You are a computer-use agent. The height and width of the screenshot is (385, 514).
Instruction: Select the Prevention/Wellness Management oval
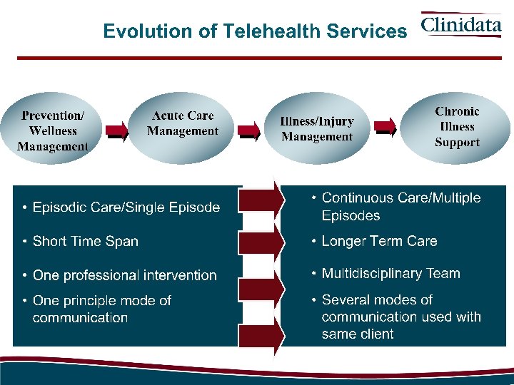coord(54,130)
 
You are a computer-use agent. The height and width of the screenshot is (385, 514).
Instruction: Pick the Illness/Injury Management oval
coord(316,129)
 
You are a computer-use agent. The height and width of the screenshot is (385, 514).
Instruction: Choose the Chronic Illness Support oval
coord(457,127)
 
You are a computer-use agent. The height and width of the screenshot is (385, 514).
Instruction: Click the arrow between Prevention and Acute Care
coord(117,130)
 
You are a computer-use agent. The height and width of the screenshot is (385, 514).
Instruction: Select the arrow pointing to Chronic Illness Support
coord(386,129)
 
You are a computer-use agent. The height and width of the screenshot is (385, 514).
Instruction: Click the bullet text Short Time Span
coord(86,241)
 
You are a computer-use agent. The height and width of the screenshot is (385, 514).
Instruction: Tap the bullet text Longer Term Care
coord(379,241)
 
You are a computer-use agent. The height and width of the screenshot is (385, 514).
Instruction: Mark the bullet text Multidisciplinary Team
coord(390,273)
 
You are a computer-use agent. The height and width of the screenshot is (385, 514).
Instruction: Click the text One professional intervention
coord(124,275)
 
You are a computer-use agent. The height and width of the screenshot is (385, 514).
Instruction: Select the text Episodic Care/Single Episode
coord(126,207)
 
